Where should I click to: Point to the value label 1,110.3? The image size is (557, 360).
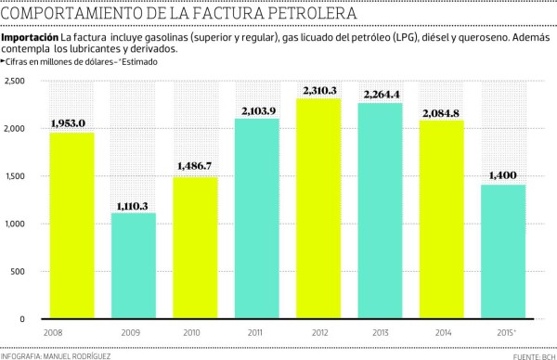[135, 204]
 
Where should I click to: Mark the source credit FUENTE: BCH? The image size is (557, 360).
[530, 354]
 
